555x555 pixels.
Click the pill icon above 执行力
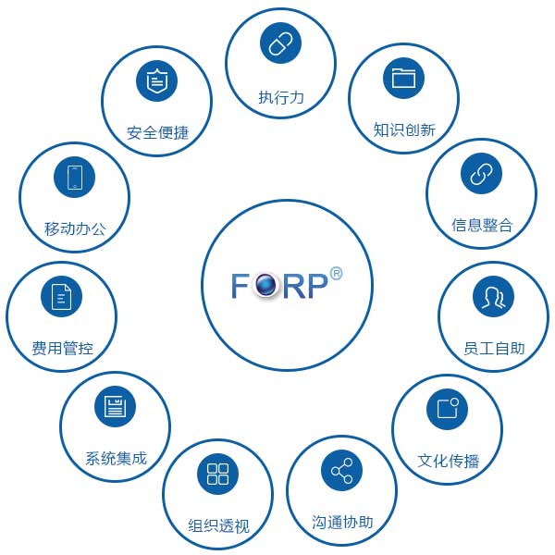280,43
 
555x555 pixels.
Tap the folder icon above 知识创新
403,78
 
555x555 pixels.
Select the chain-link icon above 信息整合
480,173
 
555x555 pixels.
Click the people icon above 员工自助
493,296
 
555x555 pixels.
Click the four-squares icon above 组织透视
218,475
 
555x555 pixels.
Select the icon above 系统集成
115,407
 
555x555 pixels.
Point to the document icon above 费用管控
62,297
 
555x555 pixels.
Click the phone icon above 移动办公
75,176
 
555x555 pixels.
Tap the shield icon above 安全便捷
157,81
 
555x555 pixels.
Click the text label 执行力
280,97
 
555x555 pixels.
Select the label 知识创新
404,130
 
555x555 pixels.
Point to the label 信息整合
481,225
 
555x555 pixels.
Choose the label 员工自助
494,349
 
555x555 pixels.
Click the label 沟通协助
342,523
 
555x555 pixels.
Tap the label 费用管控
62,349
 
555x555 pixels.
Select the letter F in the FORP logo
241,286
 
